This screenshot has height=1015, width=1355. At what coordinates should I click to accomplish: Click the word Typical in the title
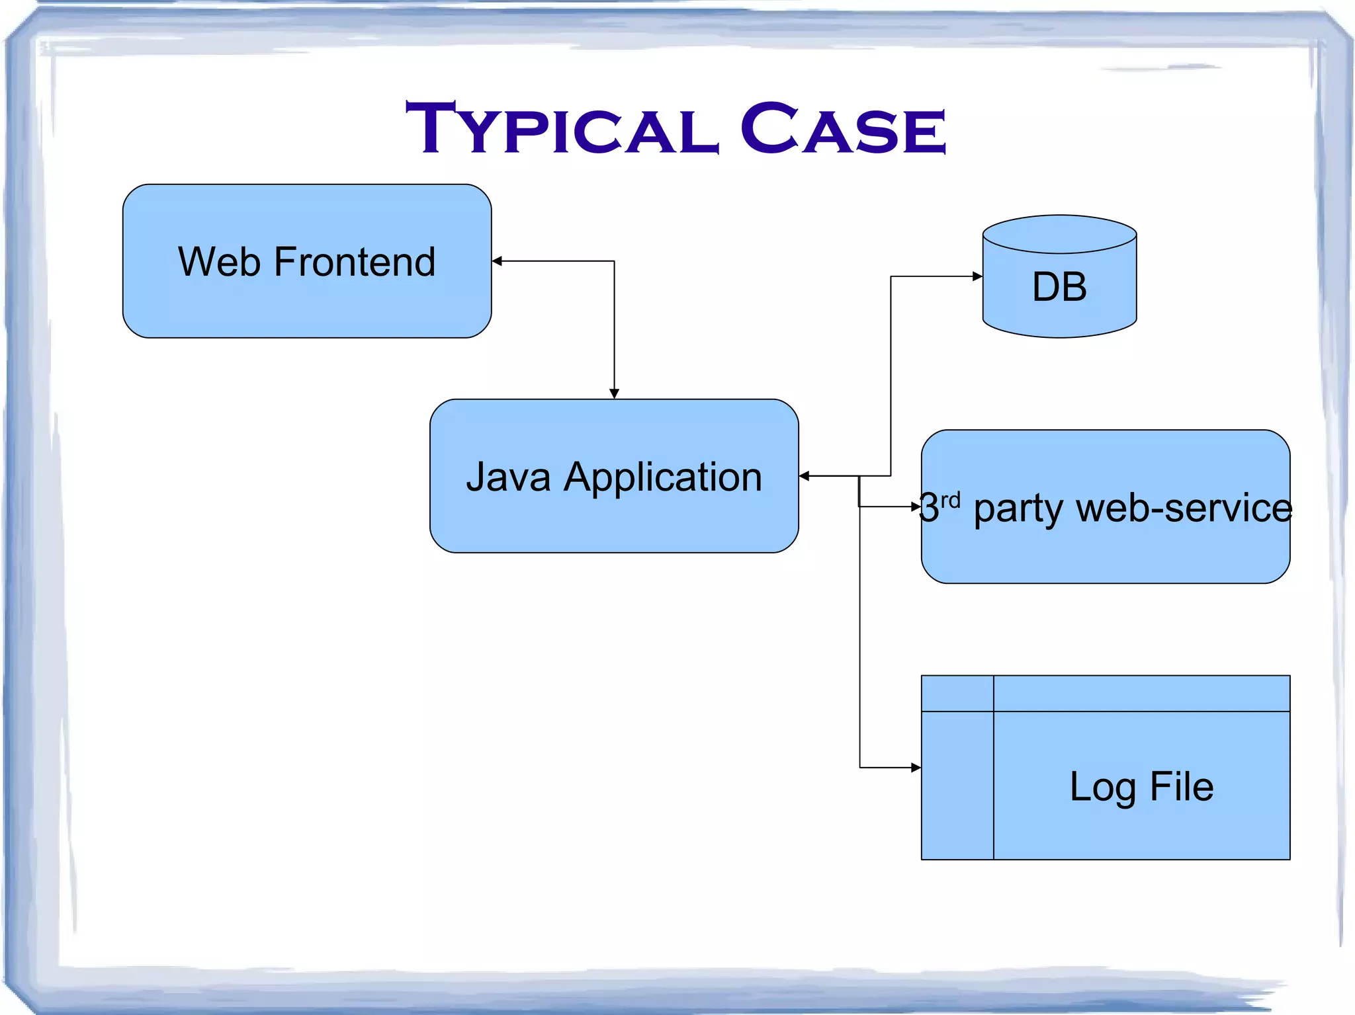tap(562, 129)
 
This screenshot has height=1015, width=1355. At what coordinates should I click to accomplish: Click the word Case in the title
tap(843, 129)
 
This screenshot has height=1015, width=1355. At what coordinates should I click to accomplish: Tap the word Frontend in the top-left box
tap(355, 262)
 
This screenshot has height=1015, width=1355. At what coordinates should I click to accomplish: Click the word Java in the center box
tap(508, 477)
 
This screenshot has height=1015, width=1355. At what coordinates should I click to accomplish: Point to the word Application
tap(663, 478)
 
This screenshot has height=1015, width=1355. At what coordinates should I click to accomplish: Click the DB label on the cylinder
tap(1059, 287)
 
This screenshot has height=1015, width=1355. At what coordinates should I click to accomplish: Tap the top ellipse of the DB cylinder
tap(1059, 234)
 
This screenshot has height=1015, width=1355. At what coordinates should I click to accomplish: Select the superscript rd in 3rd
tap(951, 500)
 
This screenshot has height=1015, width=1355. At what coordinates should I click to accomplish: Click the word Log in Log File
tap(1103, 788)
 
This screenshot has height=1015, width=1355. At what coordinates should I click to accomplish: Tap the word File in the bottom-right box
tap(1182, 786)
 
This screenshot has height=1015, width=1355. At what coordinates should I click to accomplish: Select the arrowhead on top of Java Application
tap(614, 393)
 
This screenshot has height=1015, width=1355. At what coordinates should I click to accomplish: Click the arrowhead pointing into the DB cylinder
tap(977, 276)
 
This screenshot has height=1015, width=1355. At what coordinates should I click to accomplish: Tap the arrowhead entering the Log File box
tap(916, 768)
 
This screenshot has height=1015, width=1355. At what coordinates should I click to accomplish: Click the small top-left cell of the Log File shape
tap(957, 694)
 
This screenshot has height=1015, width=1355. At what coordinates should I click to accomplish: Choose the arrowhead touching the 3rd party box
tap(916, 507)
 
